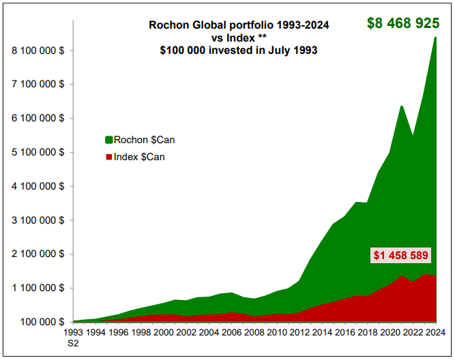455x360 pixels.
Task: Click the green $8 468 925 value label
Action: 403,23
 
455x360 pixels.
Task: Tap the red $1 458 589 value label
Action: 400,256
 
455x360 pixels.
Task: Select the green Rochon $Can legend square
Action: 108,140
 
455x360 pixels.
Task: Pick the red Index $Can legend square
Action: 108,157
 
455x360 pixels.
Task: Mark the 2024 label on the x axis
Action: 435,333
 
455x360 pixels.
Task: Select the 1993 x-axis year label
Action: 73,333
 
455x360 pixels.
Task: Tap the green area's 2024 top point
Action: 435,37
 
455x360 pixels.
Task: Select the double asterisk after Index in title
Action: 262,37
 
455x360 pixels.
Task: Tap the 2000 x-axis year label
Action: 162,333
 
